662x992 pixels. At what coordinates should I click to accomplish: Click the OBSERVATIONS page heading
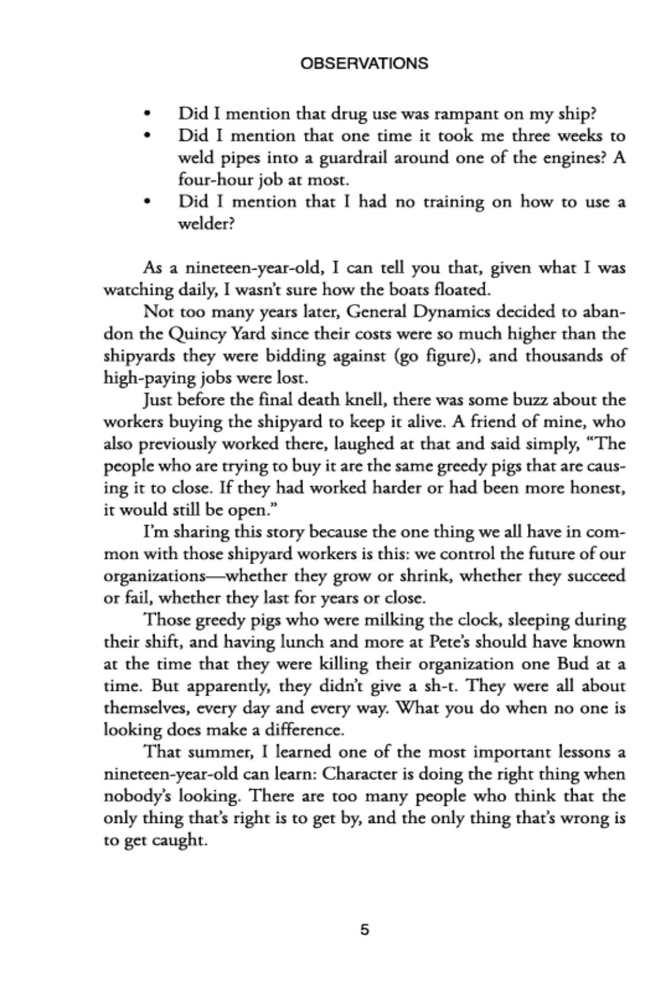click(x=364, y=64)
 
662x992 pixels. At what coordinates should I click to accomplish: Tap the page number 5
click(x=364, y=930)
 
